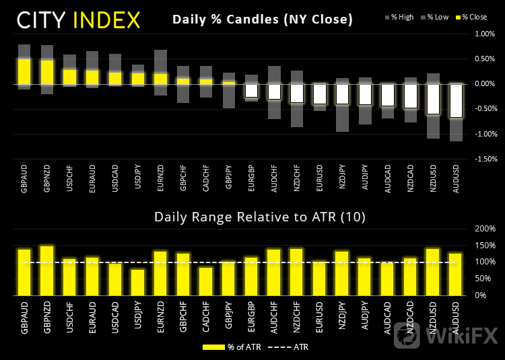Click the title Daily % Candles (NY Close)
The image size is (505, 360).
(x=262, y=20)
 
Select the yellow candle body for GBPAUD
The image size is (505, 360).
(x=24, y=71)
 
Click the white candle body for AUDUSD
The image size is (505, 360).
(x=456, y=100)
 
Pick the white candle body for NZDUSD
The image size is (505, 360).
(x=433, y=98)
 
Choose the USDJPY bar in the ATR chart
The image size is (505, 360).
(x=138, y=282)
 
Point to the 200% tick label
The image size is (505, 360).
(x=485, y=229)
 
